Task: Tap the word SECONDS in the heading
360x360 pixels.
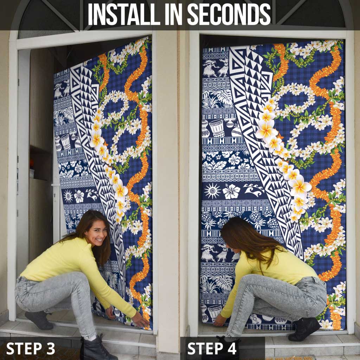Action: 229,14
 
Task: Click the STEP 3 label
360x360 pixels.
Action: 31,349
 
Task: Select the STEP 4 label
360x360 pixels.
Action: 212,349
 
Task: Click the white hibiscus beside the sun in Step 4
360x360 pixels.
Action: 231,191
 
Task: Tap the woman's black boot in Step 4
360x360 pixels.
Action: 304,329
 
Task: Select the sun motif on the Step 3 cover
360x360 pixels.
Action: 68,197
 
